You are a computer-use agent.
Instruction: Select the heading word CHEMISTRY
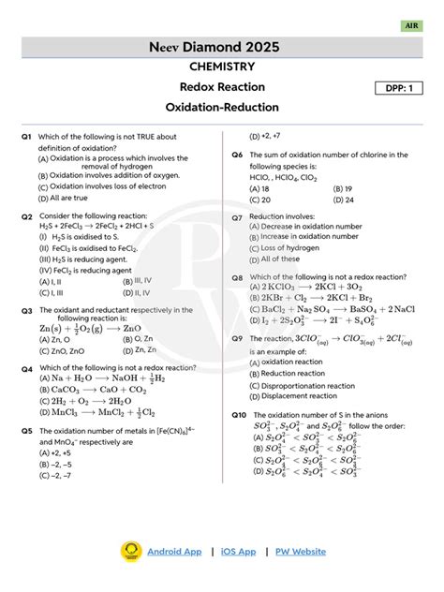click(x=222, y=67)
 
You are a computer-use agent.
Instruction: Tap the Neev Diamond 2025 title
click(x=222, y=46)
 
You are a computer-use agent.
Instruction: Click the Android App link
click(x=173, y=552)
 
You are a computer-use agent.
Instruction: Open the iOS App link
click(x=238, y=552)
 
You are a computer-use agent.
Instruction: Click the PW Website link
click(x=300, y=552)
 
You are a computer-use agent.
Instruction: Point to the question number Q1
click(x=27, y=137)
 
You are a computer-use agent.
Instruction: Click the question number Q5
click(x=27, y=430)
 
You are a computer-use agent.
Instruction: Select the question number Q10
click(x=239, y=414)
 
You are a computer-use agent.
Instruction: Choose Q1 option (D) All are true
click(x=63, y=198)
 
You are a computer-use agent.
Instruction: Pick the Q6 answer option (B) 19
click(x=343, y=188)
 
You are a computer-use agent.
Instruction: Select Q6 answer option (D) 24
click(x=343, y=200)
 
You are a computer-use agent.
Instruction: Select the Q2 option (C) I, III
click(x=52, y=291)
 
